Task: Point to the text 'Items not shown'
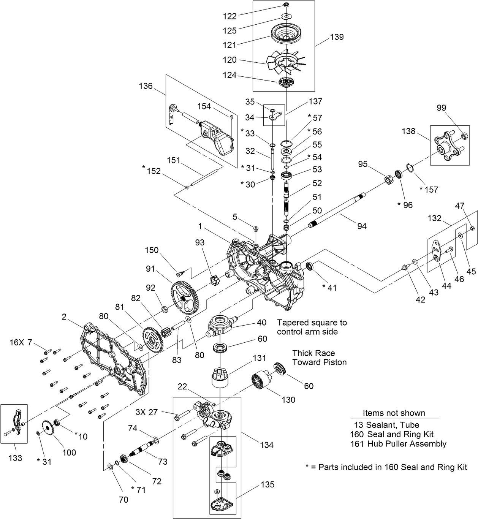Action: (x=394, y=413)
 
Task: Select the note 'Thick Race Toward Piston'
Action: (x=319, y=358)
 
